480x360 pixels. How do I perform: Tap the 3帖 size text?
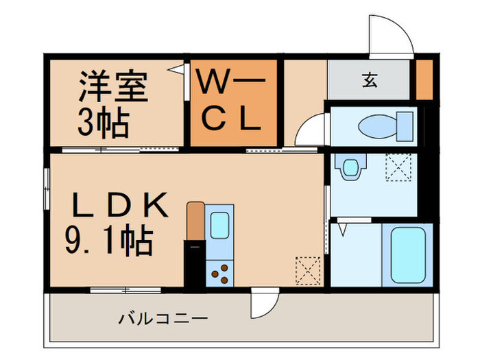(104, 123)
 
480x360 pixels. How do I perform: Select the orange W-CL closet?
(233, 104)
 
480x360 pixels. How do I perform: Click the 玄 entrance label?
(370, 80)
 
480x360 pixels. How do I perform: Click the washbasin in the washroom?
(351, 167)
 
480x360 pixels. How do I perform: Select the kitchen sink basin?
(221, 225)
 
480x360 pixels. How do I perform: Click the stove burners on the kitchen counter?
(220, 274)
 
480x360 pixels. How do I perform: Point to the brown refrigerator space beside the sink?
(195, 221)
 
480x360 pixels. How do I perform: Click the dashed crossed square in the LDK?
(307, 269)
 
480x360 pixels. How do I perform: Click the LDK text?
(120, 205)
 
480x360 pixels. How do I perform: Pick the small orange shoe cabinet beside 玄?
(424, 80)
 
